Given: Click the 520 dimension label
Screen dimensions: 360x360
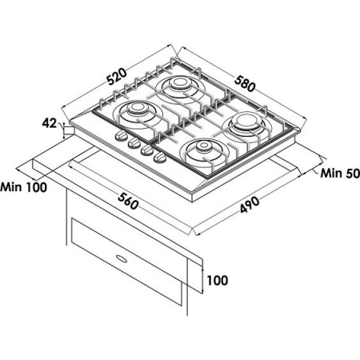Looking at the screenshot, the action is (117, 77).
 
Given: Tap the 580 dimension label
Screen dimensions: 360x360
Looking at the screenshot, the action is (245, 84).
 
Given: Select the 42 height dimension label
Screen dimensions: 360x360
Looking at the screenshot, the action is (50, 123).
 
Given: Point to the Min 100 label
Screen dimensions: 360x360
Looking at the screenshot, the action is (23, 187).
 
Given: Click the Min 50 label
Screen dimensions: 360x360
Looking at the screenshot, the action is (340, 174).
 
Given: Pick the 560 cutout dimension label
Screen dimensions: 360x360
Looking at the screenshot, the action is (129, 202).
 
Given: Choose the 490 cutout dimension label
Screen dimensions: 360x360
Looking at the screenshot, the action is (250, 205).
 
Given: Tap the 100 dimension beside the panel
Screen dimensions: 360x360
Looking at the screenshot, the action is (218, 280).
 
